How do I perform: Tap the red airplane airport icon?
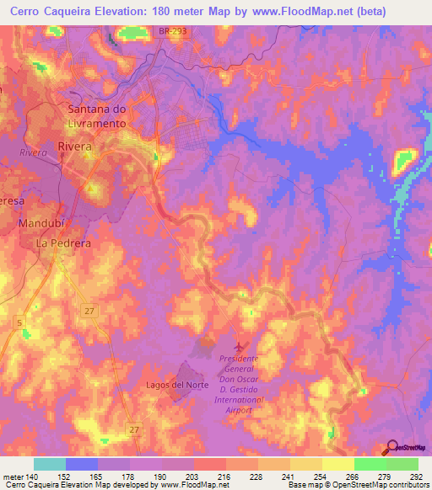pos(240,346)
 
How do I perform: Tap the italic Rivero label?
pos(33,152)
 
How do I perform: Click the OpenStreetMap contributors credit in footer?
pos(374,484)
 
